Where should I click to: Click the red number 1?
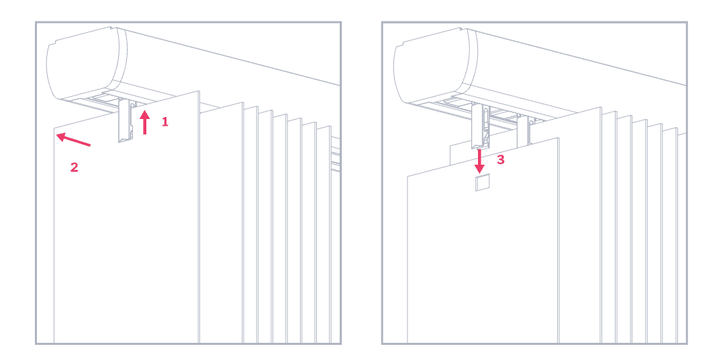click(x=164, y=122)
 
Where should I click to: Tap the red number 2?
click(x=75, y=167)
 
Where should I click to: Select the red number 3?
click(x=500, y=159)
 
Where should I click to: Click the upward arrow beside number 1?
click(x=144, y=123)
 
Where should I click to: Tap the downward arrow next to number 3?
click(x=479, y=160)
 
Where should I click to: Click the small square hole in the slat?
click(x=483, y=183)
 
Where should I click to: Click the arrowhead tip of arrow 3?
click(x=479, y=171)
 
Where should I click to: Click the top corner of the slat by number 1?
click(x=199, y=91)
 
